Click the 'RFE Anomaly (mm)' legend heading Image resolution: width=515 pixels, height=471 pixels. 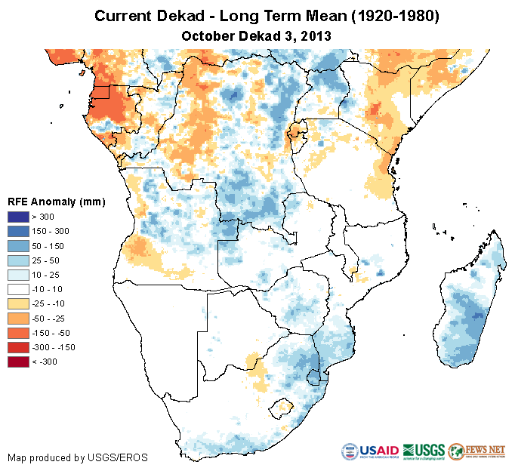click(x=56, y=202)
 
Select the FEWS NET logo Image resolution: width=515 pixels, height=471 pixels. click(x=476, y=451)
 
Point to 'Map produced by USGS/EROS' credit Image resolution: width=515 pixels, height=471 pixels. click(x=78, y=457)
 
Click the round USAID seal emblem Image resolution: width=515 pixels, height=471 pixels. click(x=350, y=451)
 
